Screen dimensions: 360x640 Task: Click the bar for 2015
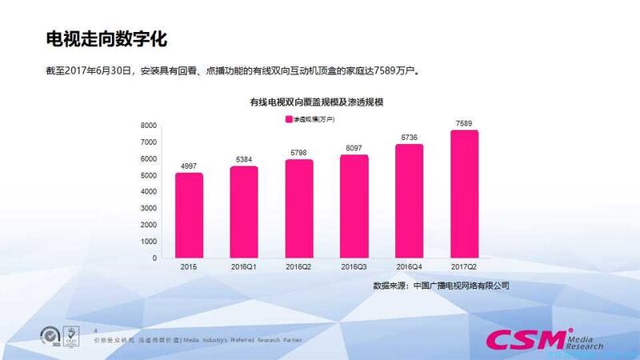(x=189, y=216)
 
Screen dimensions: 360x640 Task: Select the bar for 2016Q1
(x=244, y=213)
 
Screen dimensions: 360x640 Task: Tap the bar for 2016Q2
(x=299, y=209)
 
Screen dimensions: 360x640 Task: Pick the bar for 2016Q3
(x=354, y=206)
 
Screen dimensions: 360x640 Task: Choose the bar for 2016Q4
(x=409, y=202)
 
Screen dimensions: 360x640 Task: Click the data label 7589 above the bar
(x=464, y=123)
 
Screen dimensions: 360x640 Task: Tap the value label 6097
(x=354, y=148)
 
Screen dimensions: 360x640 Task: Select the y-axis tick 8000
(x=148, y=126)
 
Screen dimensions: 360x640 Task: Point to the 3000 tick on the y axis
(x=148, y=209)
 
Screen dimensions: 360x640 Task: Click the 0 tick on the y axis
(x=154, y=258)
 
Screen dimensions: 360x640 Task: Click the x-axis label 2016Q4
(x=409, y=267)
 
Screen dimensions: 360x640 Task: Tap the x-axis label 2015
(x=189, y=267)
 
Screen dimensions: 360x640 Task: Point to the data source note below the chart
(x=441, y=285)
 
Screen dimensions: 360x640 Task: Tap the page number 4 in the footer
(x=96, y=330)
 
